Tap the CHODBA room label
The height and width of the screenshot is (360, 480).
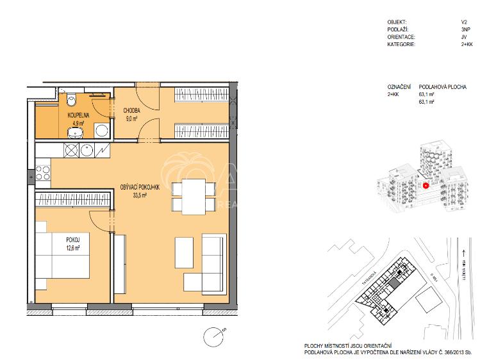133,110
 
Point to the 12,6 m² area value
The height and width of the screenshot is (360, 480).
72,248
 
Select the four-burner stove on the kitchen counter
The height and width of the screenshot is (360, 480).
43,173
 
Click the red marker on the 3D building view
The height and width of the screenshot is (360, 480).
426,185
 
